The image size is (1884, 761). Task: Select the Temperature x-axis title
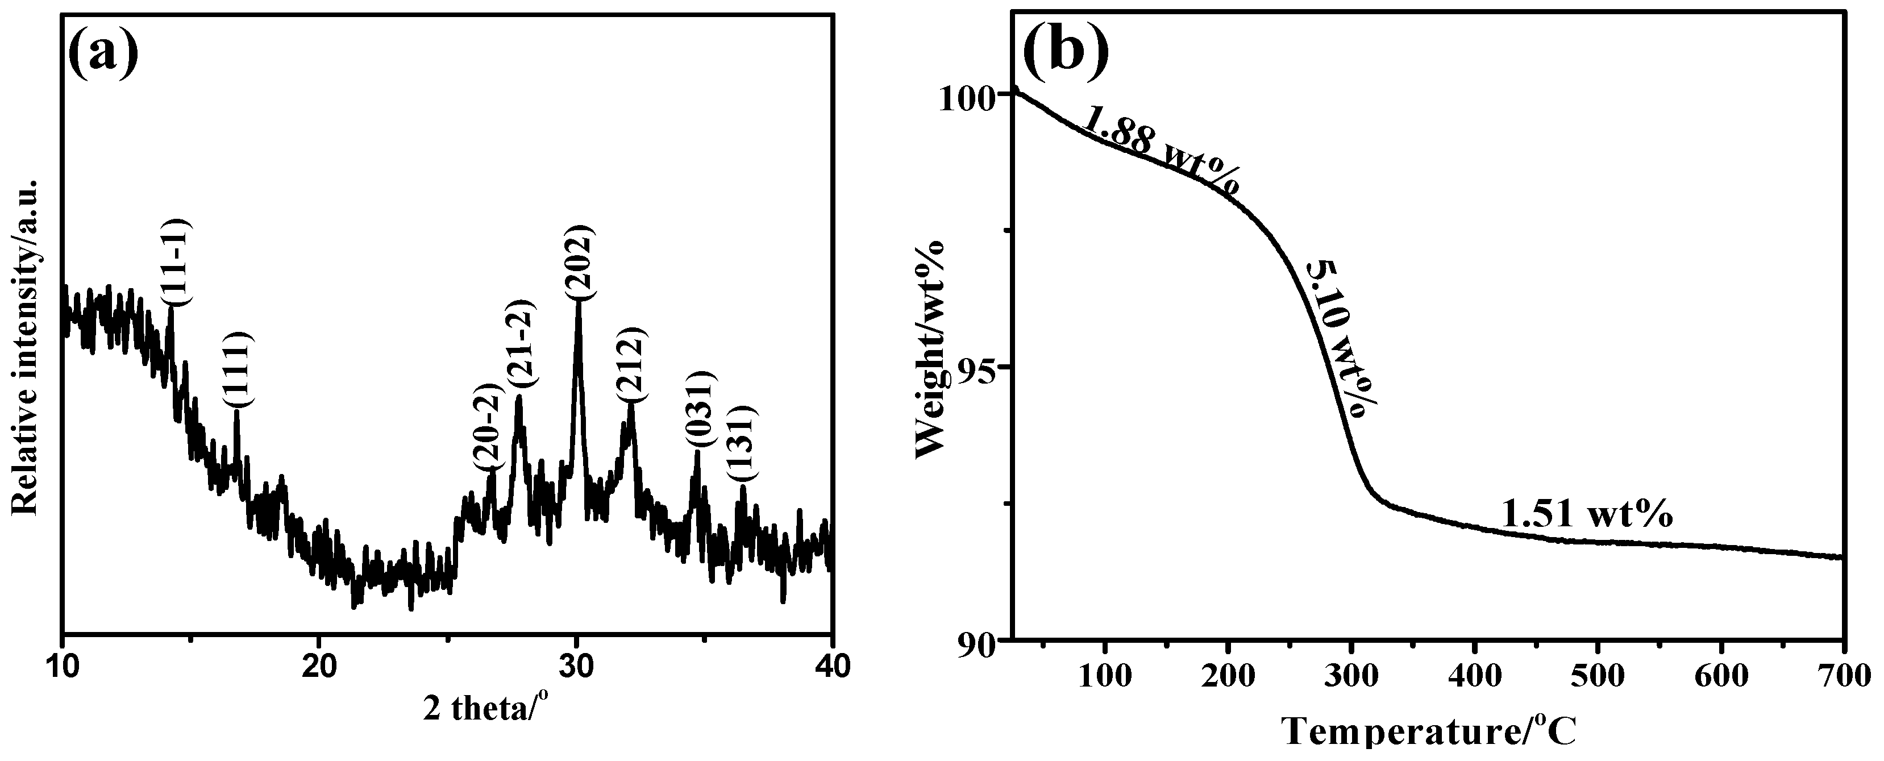coord(1429,740)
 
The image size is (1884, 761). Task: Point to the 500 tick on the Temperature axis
coord(1598,676)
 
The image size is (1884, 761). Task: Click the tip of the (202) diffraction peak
coord(579,301)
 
